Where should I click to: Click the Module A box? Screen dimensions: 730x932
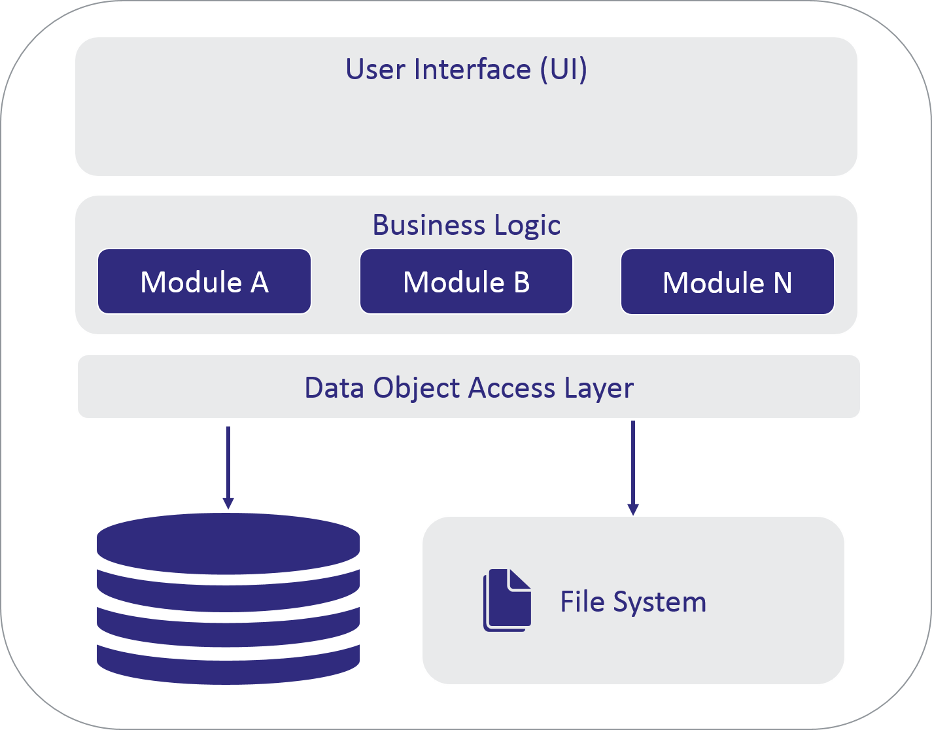204,282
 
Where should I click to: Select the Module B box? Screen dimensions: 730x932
466,282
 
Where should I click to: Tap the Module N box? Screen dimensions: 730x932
727,282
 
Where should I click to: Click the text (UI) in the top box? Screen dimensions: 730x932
563,69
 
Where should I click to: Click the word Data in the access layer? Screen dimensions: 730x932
335,388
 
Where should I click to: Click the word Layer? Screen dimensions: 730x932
599,389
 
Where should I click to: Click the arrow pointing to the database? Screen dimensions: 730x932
228,467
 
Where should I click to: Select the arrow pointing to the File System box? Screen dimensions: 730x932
632,467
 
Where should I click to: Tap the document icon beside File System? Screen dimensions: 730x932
507,600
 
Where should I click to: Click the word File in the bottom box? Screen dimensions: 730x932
582,602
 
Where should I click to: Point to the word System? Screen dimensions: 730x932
659,602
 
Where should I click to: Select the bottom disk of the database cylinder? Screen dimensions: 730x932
228,664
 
